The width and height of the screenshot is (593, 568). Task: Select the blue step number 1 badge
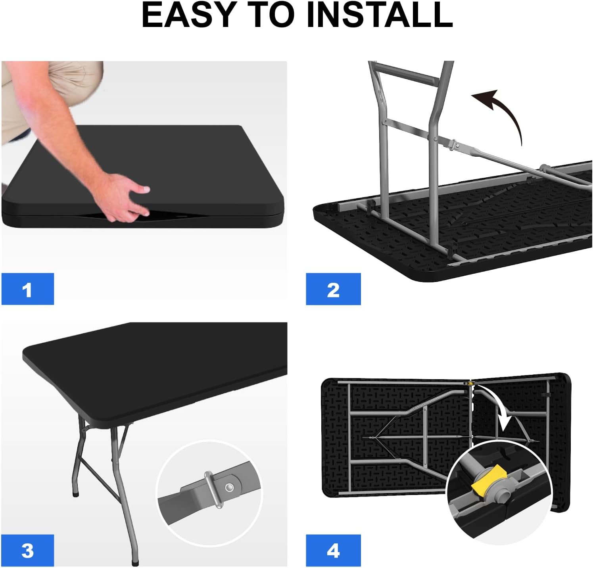[27, 289]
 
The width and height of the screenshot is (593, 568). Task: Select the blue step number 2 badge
[333, 289]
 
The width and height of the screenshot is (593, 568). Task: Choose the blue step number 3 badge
[27, 551]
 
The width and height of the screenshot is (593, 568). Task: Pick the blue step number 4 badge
[333, 551]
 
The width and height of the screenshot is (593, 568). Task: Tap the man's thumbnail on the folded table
[144, 190]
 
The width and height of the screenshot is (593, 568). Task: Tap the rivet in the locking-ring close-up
[229, 487]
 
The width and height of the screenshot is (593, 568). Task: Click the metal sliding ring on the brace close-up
[213, 489]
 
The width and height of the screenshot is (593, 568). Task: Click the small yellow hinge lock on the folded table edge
[470, 383]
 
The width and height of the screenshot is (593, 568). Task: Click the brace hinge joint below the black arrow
[456, 145]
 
